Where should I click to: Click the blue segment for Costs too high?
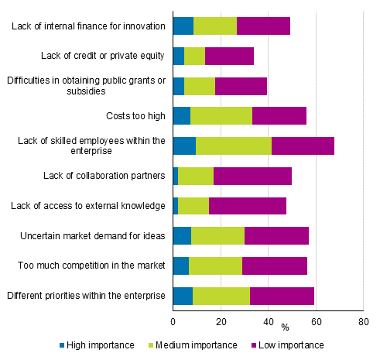click(181, 116)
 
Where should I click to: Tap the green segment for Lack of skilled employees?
click(234, 146)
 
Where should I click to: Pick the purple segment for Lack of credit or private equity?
click(229, 56)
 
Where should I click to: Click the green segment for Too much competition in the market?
click(215, 266)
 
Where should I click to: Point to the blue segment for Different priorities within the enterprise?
click(183, 295)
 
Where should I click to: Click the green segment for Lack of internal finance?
click(215, 26)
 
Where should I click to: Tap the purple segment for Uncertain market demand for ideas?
click(276, 235)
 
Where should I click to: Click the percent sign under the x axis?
click(284, 327)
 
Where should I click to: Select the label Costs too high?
click(135, 116)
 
